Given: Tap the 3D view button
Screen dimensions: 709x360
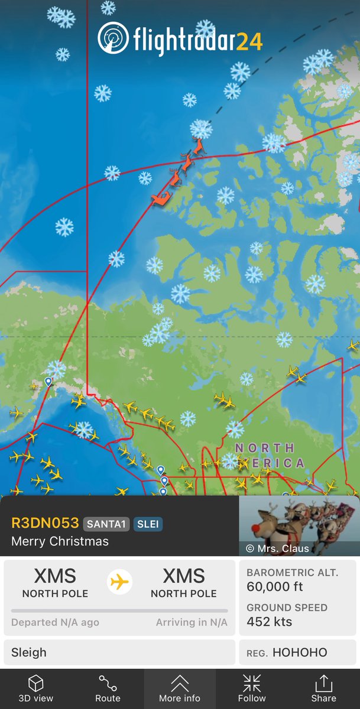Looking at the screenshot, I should [x=35, y=688].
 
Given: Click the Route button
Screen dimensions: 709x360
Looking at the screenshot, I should [x=108, y=688].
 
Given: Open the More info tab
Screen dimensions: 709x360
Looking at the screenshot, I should [x=180, y=688].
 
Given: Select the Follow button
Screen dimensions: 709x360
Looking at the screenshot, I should [x=252, y=688].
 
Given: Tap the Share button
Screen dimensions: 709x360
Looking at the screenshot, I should [x=324, y=688].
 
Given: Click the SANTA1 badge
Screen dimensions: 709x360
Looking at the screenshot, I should [x=106, y=523].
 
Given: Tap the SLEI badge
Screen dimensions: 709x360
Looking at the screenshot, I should [x=147, y=523].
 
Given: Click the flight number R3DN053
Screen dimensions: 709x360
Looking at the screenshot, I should [x=45, y=523].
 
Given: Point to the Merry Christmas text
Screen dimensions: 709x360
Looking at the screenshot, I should [x=60, y=541].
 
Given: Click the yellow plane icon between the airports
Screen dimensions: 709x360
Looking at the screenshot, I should [x=119, y=582].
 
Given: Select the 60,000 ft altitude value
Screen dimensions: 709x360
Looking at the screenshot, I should [x=275, y=586].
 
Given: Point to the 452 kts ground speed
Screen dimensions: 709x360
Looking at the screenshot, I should [x=269, y=621].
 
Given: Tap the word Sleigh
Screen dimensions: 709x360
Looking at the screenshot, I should [x=29, y=653].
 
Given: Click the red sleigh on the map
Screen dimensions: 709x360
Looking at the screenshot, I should [x=161, y=199].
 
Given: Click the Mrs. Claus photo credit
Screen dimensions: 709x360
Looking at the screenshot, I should [x=277, y=548].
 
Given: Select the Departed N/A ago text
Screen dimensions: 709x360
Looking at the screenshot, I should [x=55, y=622].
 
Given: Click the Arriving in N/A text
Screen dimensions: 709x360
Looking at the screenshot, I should [x=192, y=622].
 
